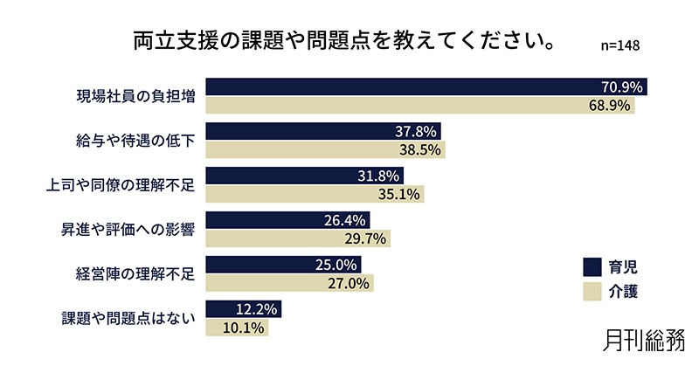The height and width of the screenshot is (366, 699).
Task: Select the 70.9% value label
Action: pos(622,87)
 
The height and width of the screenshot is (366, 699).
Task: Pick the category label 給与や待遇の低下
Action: pos(134,142)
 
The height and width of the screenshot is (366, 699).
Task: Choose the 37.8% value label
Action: pos(417,132)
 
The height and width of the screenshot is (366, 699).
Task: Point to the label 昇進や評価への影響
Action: pos(127,231)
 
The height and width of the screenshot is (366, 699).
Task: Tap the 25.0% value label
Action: pos(338,266)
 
